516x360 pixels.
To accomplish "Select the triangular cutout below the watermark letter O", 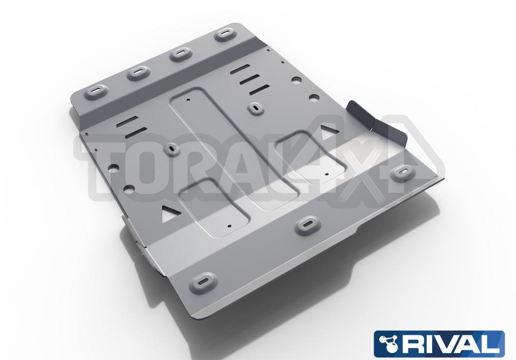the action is click(x=171, y=213).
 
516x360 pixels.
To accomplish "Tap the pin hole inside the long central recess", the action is click(x=188, y=99).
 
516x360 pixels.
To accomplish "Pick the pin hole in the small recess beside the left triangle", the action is click(x=229, y=226).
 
